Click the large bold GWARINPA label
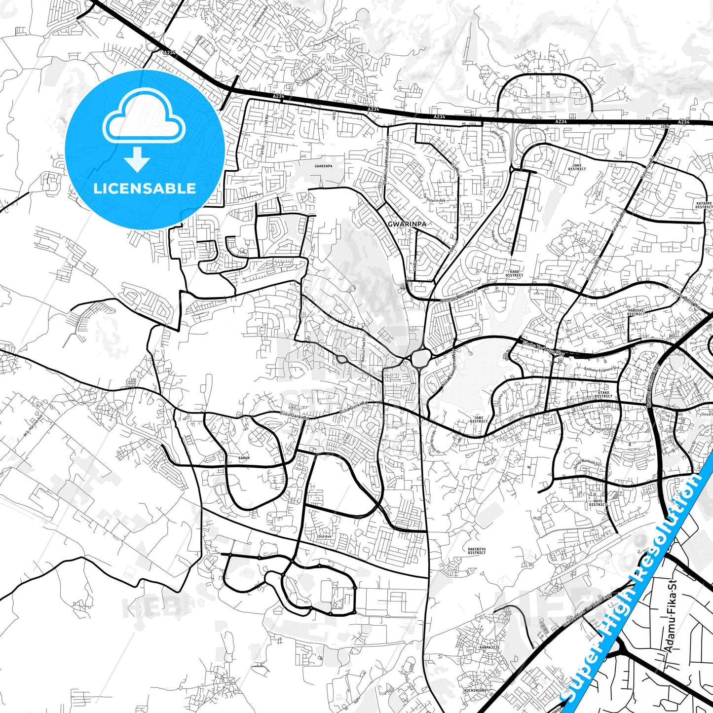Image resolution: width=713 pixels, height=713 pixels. pos(407,224)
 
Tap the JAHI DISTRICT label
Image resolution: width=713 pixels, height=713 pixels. pos(577,167)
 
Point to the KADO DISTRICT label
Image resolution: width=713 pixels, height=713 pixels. pos(514,273)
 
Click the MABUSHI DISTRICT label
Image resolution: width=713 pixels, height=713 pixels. pos(636,312)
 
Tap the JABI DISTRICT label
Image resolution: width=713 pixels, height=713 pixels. pos(479,419)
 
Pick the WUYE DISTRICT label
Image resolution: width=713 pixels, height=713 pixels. pos(598,502)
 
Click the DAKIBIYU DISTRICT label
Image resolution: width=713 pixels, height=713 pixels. pos(477,551)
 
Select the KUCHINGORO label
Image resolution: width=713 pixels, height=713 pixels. pos(475,690)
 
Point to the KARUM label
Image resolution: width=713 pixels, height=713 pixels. pos(244,458)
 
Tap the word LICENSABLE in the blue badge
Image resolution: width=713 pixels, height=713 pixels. pos(145,188)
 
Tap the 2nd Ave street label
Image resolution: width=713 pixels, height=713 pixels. pos(324,536)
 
